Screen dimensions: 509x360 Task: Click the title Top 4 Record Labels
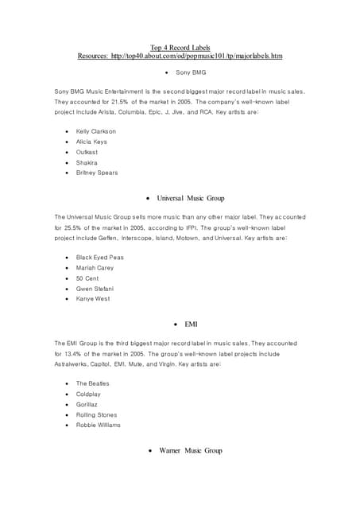pos(180,48)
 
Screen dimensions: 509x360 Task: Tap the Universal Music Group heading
pos(195,197)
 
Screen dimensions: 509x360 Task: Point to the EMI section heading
pos(191,324)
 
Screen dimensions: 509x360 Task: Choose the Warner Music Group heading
pos(190,451)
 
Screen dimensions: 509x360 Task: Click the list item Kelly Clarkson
pos(96,131)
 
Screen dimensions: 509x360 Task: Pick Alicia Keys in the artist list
pos(91,142)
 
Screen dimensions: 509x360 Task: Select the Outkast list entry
pos(87,152)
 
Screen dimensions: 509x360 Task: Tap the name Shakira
pos(87,162)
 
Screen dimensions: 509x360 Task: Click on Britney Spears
pos(97,173)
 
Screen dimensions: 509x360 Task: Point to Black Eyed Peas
pos(100,258)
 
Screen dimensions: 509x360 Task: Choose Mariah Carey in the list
pos(95,268)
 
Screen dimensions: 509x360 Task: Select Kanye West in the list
pos(93,299)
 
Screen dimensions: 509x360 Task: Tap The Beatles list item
pos(93,384)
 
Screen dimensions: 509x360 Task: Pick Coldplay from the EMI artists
pos(88,394)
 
